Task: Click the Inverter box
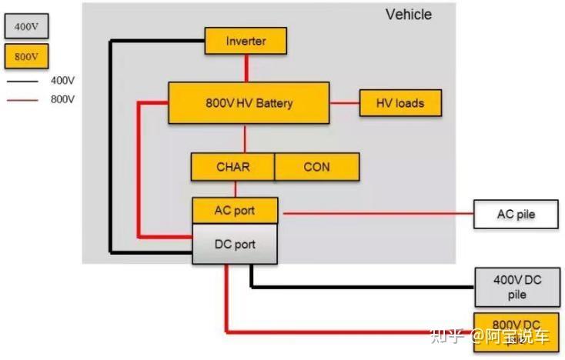(246, 41)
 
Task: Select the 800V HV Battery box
(249, 103)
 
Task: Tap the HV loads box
(400, 103)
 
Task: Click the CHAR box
(232, 167)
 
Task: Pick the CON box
(316, 167)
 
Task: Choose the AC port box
(234, 209)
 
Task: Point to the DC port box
(234, 245)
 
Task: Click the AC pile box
(515, 214)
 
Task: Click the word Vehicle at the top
(408, 15)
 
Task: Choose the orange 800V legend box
(26, 56)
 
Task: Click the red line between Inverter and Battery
(246, 68)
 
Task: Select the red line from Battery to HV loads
(345, 103)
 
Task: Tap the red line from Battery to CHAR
(246, 138)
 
